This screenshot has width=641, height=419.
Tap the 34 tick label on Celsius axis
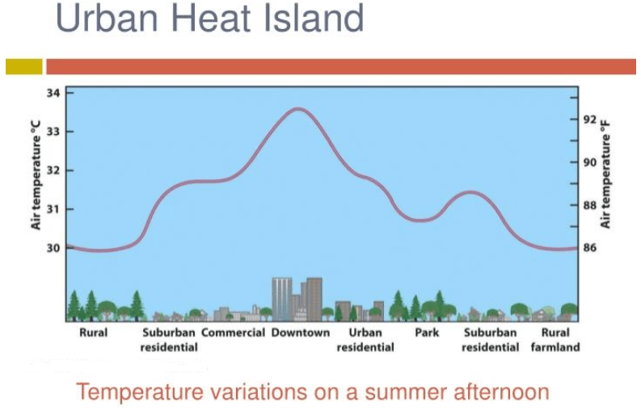pyautogui.click(x=53, y=93)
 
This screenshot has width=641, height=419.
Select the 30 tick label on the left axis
pyautogui.click(x=53, y=248)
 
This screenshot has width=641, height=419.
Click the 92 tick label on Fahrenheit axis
pyautogui.click(x=590, y=119)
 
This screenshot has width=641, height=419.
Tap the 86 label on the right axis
pyautogui.click(x=590, y=248)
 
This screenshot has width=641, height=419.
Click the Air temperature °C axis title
pyautogui.click(x=36, y=175)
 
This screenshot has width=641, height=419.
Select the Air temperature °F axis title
pyautogui.click(x=605, y=174)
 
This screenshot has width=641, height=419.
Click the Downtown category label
pyautogui.click(x=301, y=333)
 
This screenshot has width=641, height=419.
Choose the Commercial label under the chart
pyautogui.click(x=234, y=333)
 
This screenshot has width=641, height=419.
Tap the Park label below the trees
pyautogui.click(x=427, y=333)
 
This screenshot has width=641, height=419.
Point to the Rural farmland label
pyautogui.click(x=555, y=340)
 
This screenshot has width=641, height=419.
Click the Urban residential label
pyautogui.click(x=365, y=340)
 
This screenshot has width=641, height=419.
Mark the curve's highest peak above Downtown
pyautogui.click(x=299, y=109)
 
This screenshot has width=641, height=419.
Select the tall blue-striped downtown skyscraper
pyautogui.click(x=282, y=299)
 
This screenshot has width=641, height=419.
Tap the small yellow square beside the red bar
pyautogui.click(x=24, y=66)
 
